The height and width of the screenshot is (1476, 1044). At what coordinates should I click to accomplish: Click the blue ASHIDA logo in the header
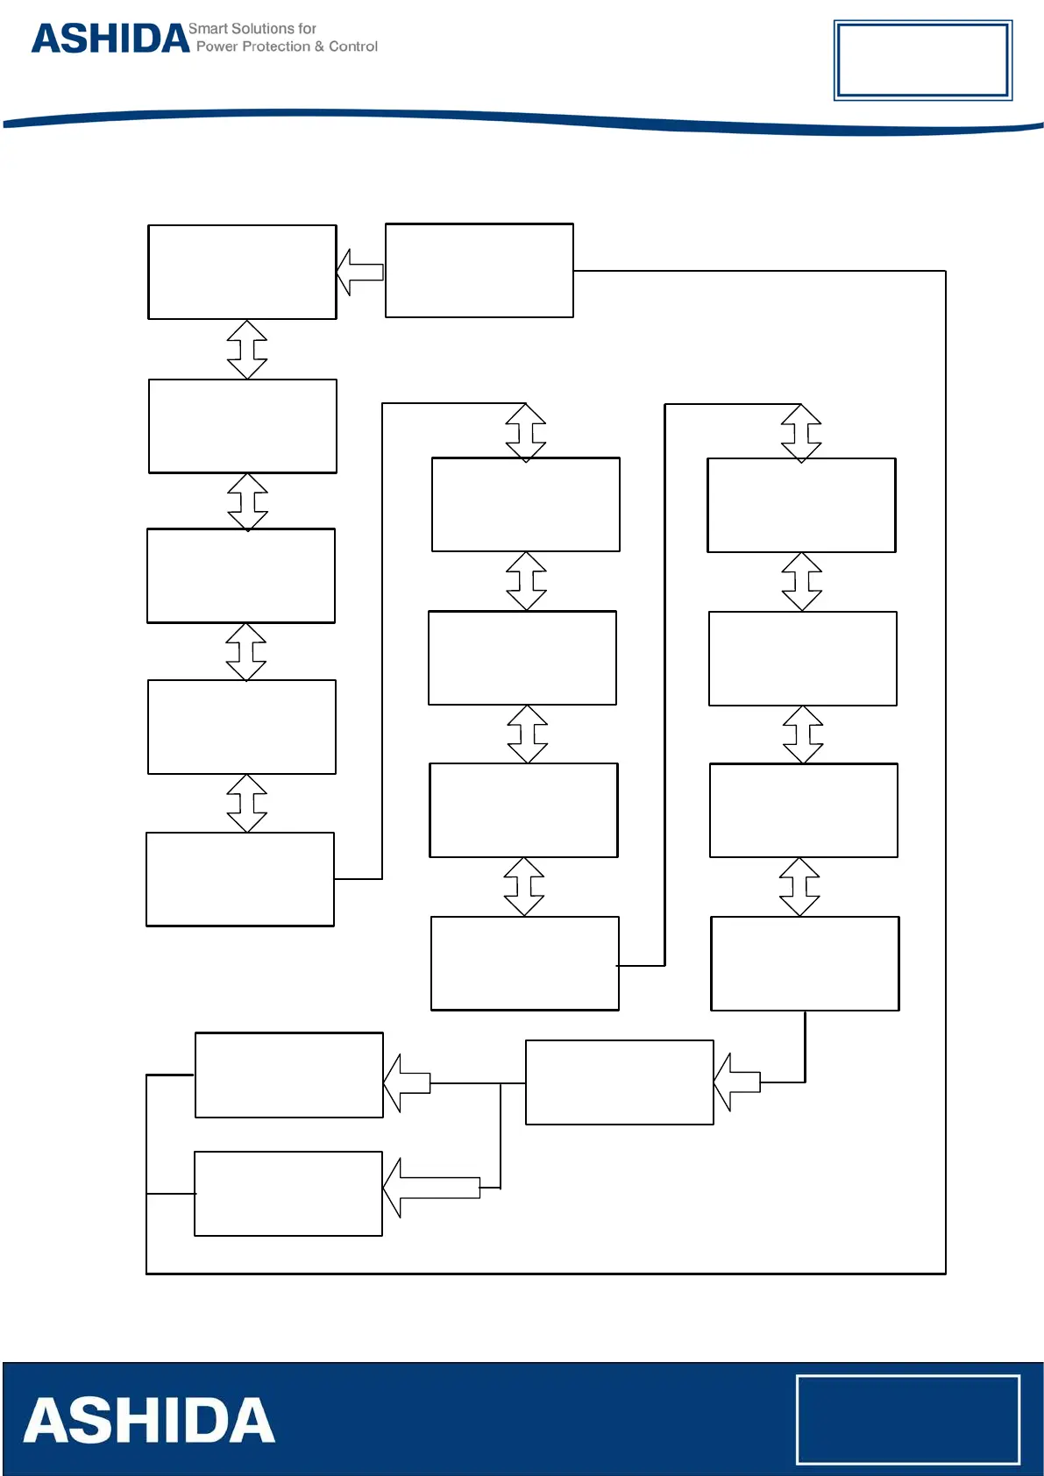pos(110,39)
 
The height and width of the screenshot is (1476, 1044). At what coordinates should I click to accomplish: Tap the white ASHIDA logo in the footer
pos(149,1421)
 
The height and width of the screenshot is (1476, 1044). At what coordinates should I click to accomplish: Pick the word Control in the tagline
pos(353,46)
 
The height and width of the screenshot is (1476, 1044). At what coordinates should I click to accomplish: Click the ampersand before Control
pos(320,46)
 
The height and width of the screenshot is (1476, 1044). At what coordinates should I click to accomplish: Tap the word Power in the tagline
pos(217,46)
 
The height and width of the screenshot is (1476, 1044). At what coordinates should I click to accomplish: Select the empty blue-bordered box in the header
pos(922,60)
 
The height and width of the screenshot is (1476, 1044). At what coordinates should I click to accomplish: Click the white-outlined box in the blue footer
pos(907,1419)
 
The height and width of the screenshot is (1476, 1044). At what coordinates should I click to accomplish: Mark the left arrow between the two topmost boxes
pos(360,272)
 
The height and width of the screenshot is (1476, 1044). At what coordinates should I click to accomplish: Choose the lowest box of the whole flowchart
pos(288,1194)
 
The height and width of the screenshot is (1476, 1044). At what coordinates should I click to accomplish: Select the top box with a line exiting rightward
pos(479,271)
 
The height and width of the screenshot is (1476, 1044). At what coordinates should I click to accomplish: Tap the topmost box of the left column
pos(242,273)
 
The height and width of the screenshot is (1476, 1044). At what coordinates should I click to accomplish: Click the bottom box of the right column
pos(805,963)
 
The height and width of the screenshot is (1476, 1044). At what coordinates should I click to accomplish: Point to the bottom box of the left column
pos(240,879)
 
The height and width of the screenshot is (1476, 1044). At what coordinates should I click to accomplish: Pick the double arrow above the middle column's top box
pos(526,432)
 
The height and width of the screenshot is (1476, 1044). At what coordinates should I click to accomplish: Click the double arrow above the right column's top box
pos(801,433)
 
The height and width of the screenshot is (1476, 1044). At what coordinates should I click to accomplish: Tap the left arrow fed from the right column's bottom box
pos(737,1082)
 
